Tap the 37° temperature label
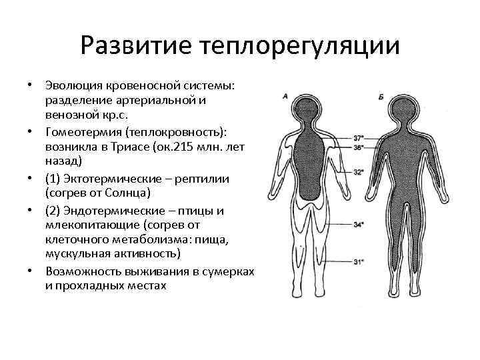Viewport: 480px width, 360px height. [x=359, y=137]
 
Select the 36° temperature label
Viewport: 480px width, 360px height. [x=359, y=147]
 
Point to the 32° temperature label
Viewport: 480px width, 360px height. [x=359, y=172]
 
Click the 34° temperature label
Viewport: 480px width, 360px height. [x=359, y=225]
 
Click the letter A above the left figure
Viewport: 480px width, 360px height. [x=285, y=97]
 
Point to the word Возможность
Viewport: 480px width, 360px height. [x=83, y=273]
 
